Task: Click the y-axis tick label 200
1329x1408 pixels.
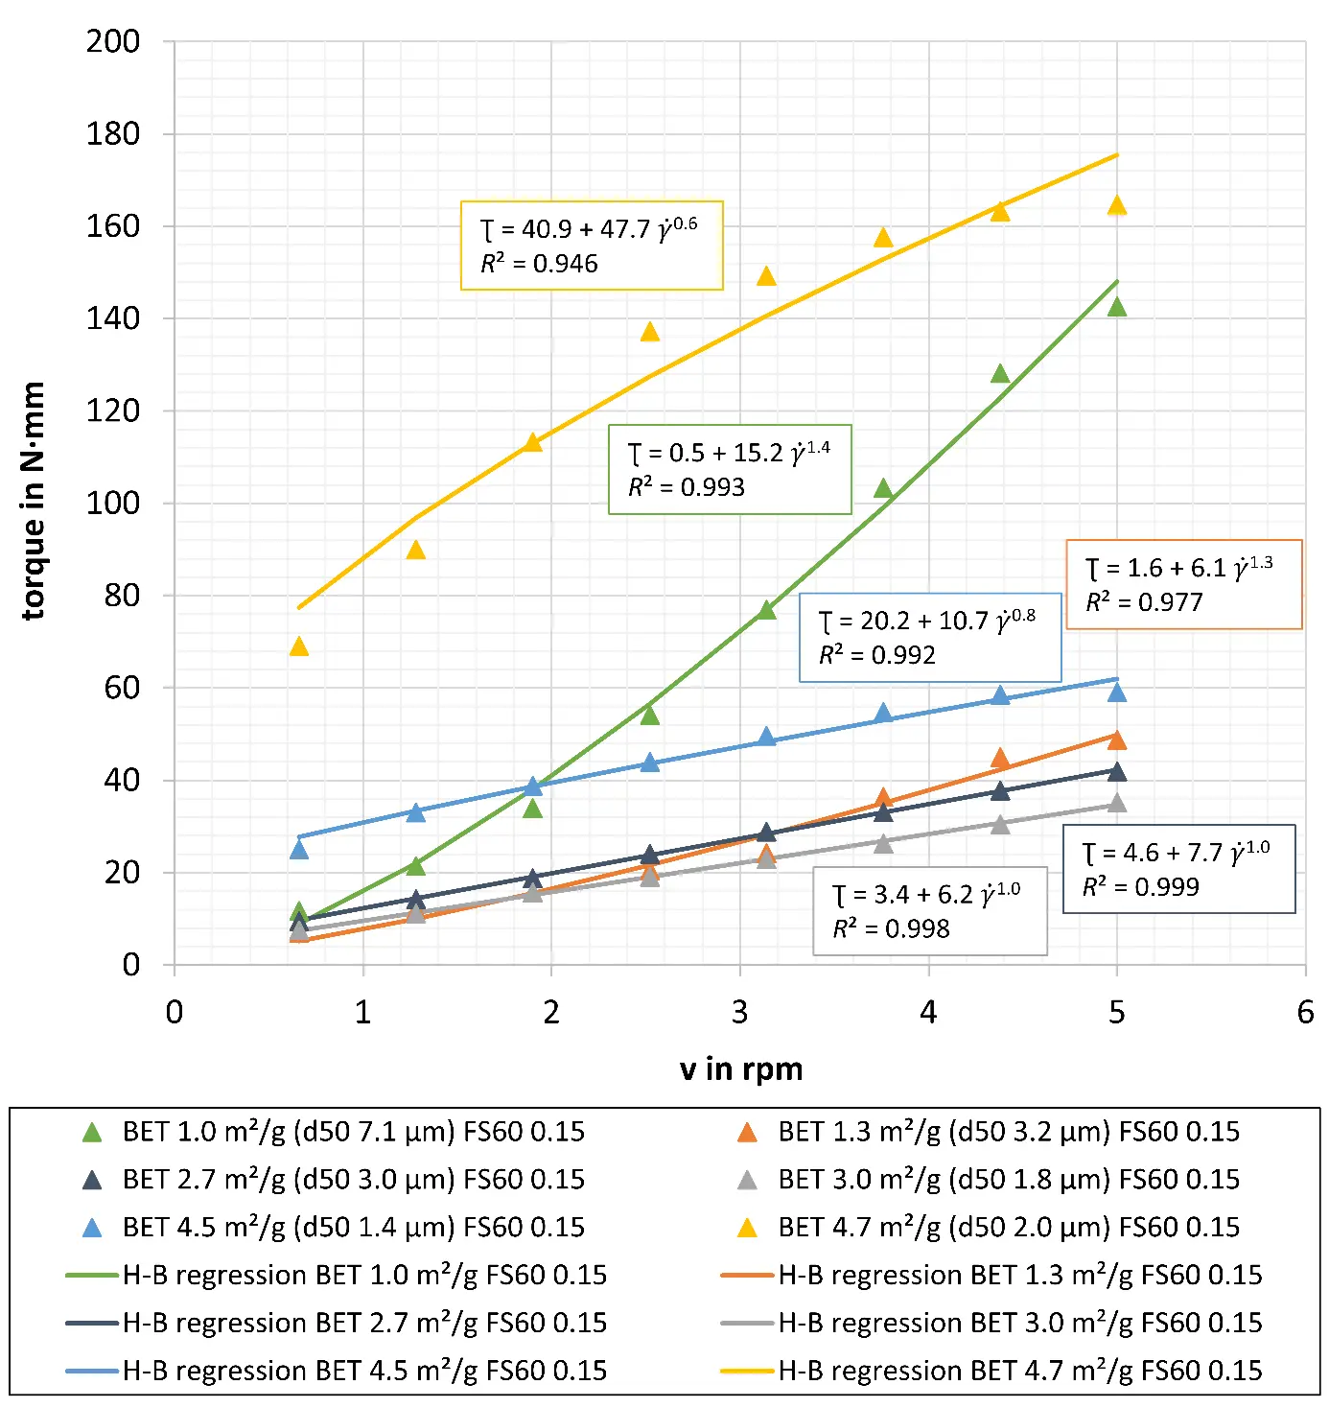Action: pos(113,41)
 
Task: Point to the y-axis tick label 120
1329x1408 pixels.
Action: pos(113,411)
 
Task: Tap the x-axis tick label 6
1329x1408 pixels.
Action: pos(1305,1012)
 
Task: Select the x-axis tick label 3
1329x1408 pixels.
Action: pos(739,1012)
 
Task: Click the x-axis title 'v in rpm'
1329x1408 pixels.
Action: pos(740,1068)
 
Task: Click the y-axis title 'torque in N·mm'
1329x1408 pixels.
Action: pos(33,501)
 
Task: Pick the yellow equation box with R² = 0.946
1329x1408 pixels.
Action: pos(591,246)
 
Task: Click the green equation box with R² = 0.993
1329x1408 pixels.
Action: pos(730,469)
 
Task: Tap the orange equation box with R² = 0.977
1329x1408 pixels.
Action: pos(1183,584)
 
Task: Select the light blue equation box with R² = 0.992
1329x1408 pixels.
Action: pos(930,637)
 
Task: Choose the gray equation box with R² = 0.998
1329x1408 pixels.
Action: pos(929,911)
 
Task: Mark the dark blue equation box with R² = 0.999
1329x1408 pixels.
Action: pos(1178,869)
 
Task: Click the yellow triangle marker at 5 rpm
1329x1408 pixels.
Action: pos(1116,205)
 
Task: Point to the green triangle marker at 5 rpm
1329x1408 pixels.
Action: pos(1116,307)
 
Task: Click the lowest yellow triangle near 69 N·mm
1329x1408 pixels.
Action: pos(299,646)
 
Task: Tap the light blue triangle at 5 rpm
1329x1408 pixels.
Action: pos(1116,692)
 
